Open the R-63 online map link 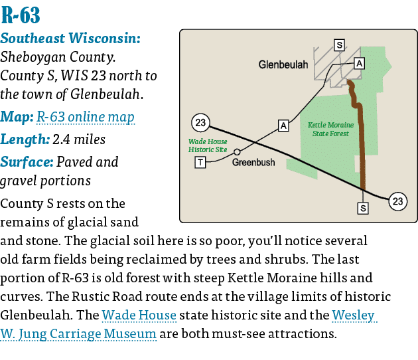coord(86,118)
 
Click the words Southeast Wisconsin coord(70,39)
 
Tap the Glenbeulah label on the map coord(283,65)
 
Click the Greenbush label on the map coord(253,161)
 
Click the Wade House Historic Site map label coord(208,145)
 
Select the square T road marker coord(200,163)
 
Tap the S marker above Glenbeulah coord(339,45)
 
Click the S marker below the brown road coord(363,208)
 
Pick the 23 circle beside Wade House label coord(200,122)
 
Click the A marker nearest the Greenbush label coord(283,125)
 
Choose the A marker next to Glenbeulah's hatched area coord(359,63)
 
